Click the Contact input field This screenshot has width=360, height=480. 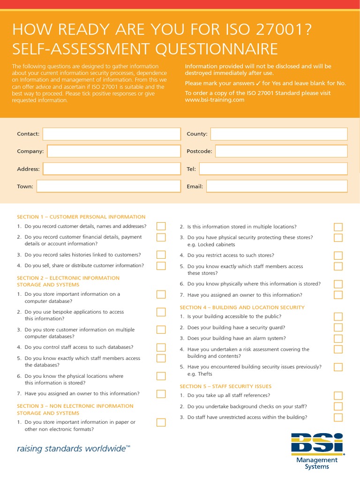[111, 134]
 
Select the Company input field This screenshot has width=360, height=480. [113, 151]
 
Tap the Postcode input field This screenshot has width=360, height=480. [281, 151]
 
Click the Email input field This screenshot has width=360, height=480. [277, 187]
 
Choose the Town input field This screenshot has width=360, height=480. [108, 187]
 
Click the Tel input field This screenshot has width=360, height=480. [273, 169]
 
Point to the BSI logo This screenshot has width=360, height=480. [317, 444]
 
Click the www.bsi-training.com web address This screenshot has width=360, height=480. [215, 100]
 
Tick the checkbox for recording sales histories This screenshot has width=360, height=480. [161, 255]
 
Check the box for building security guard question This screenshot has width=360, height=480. [338, 328]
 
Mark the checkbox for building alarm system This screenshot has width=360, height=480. [338, 338]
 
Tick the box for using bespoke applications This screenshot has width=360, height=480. [161, 312]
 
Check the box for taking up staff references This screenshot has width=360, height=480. [338, 396]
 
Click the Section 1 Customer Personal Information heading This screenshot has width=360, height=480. [81, 217]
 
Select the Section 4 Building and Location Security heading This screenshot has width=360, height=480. [242, 307]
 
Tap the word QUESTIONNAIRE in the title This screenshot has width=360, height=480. [207, 49]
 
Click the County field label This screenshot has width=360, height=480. [197, 134]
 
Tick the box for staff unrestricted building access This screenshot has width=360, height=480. [338, 417]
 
